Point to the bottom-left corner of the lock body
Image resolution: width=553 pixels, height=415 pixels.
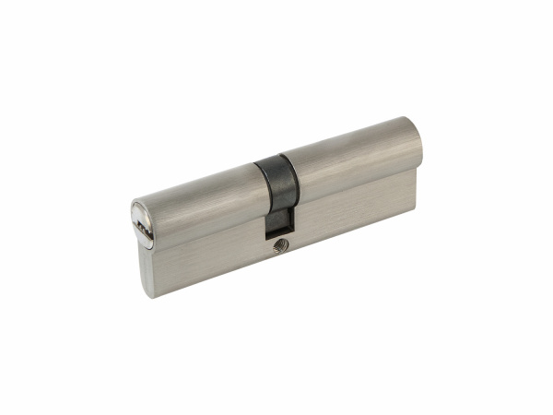[x=147, y=294]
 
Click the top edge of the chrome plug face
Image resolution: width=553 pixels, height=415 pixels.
[x=134, y=204]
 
